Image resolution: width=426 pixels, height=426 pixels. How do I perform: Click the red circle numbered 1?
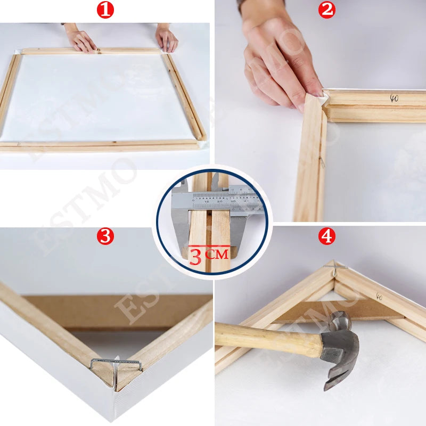tap(105, 10)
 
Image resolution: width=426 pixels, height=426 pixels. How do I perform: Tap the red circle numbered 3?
tap(105, 236)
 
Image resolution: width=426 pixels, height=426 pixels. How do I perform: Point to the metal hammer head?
tap(341, 346)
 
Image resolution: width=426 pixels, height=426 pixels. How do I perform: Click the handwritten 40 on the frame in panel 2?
tap(394, 98)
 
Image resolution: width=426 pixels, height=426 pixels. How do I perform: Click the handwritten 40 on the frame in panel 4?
tap(379, 296)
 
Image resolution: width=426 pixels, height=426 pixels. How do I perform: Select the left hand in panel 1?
tap(80, 40)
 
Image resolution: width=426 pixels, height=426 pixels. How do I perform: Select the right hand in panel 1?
tap(166, 38)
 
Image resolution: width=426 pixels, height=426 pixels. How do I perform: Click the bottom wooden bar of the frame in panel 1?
tap(101, 145)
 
